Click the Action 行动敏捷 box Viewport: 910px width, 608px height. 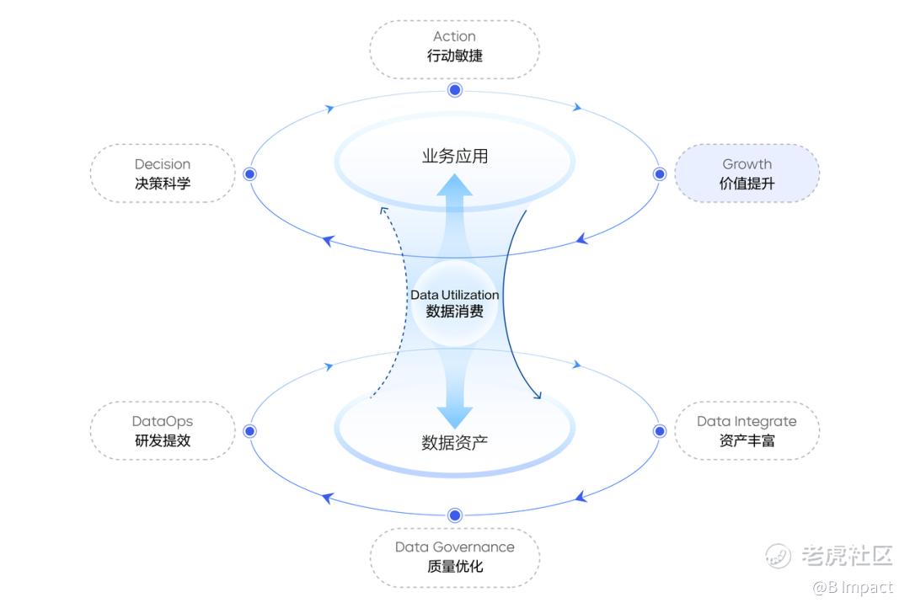click(x=454, y=47)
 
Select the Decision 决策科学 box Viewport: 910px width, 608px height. click(x=163, y=173)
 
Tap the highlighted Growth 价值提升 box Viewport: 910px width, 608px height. click(x=747, y=173)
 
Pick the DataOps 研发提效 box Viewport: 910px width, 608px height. click(x=163, y=430)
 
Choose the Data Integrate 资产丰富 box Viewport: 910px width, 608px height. click(x=747, y=430)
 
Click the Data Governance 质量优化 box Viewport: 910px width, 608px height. click(x=454, y=557)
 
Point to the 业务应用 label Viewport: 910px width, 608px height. click(x=455, y=157)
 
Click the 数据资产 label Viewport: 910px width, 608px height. click(x=455, y=442)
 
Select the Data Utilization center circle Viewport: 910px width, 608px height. click(x=455, y=303)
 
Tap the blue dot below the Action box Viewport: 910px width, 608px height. click(x=455, y=89)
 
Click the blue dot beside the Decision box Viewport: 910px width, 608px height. click(x=249, y=174)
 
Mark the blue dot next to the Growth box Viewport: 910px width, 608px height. click(x=660, y=174)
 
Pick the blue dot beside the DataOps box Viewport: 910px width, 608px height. click(x=249, y=431)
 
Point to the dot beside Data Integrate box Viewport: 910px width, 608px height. click(x=660, y=431)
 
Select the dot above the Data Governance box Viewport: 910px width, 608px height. click(x=455, y=515)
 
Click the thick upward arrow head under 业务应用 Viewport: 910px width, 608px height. click(x=455, y=185)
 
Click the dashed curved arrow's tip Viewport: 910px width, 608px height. click(x=383, y=210)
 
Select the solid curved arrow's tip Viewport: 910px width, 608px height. click(x=538, y=394)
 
